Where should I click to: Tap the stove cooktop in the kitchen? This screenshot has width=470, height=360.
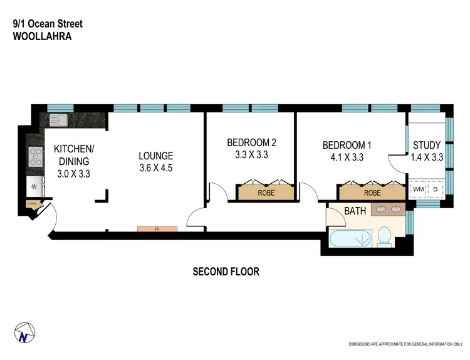34,156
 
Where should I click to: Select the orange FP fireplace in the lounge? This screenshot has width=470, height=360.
157,229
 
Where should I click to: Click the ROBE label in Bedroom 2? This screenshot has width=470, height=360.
266,193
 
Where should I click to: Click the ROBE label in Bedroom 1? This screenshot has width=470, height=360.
372,193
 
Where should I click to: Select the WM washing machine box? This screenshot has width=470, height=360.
418,188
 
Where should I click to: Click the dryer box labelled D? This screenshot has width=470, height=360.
436,188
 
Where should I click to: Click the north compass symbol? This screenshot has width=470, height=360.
23,334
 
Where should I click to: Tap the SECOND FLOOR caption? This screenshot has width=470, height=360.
225,272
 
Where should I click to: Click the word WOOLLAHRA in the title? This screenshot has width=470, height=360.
41,36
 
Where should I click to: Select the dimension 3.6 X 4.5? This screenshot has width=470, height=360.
156,167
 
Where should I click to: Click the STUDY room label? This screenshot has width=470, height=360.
427,146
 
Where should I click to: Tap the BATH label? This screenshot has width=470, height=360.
355,211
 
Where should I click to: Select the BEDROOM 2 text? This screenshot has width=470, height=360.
251,142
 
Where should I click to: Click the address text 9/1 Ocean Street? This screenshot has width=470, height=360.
47,24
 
